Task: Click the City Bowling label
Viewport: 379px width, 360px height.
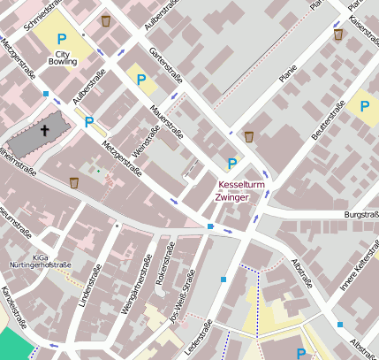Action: (61, 57)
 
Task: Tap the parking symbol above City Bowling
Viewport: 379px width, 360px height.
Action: (61, 39)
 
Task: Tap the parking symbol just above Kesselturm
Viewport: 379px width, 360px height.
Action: (232, 164)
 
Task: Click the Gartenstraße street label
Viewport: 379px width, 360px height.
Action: (167, 63)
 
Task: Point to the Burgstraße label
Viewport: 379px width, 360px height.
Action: (360, 215)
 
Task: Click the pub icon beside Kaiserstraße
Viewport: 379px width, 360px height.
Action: (338, 34)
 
